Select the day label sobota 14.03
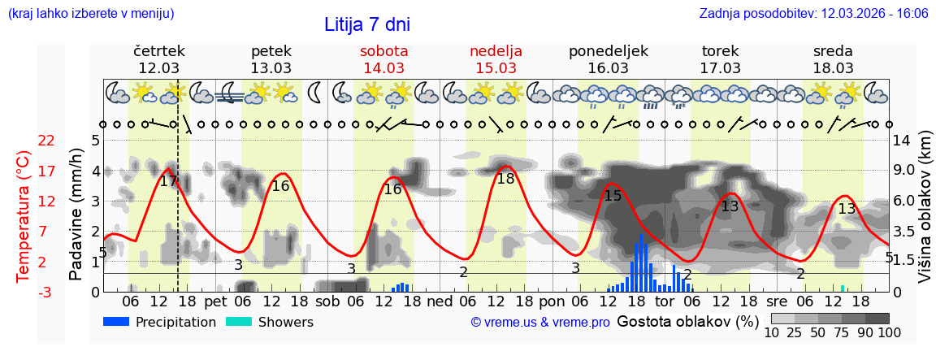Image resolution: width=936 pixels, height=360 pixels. click(383, 59)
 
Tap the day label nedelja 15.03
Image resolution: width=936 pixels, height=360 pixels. click(496, 59)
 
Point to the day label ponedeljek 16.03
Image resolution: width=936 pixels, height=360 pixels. click(608, 59)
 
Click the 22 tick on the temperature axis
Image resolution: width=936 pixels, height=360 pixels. click(46, 141)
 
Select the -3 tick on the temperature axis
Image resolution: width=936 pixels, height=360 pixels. click(46, 292)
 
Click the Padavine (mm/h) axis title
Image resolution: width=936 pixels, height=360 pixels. click(76, 215)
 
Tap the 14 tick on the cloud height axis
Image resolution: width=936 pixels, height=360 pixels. click(901, 141)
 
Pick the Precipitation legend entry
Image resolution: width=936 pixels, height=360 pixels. click(161, 322)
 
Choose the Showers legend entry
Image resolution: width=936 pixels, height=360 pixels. click(269, 322)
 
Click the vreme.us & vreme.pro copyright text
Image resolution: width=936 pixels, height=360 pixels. click(540, 322)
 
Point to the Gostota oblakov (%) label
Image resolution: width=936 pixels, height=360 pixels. click(687, 321)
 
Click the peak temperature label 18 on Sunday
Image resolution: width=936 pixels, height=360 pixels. click(505, 179)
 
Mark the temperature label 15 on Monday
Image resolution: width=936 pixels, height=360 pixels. click(613, 196)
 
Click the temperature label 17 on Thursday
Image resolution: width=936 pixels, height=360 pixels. click(168, 181)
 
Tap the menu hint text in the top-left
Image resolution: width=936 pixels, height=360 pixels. click(90, 13)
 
